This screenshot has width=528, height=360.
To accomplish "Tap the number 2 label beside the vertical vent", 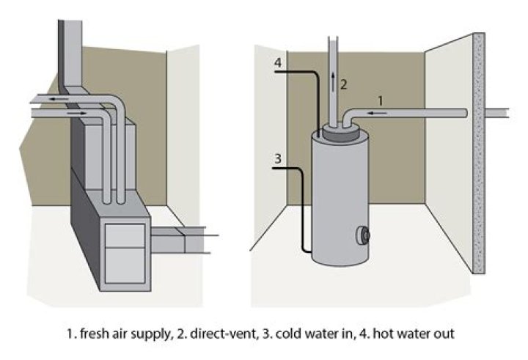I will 344,84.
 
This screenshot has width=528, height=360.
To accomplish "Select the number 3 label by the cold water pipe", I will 277,158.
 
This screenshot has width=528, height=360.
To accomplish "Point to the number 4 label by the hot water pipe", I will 277,62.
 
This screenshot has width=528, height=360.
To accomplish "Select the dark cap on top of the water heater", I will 339,133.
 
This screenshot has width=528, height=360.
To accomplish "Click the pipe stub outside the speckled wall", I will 502,113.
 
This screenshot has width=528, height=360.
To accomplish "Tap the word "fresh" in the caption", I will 95,334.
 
